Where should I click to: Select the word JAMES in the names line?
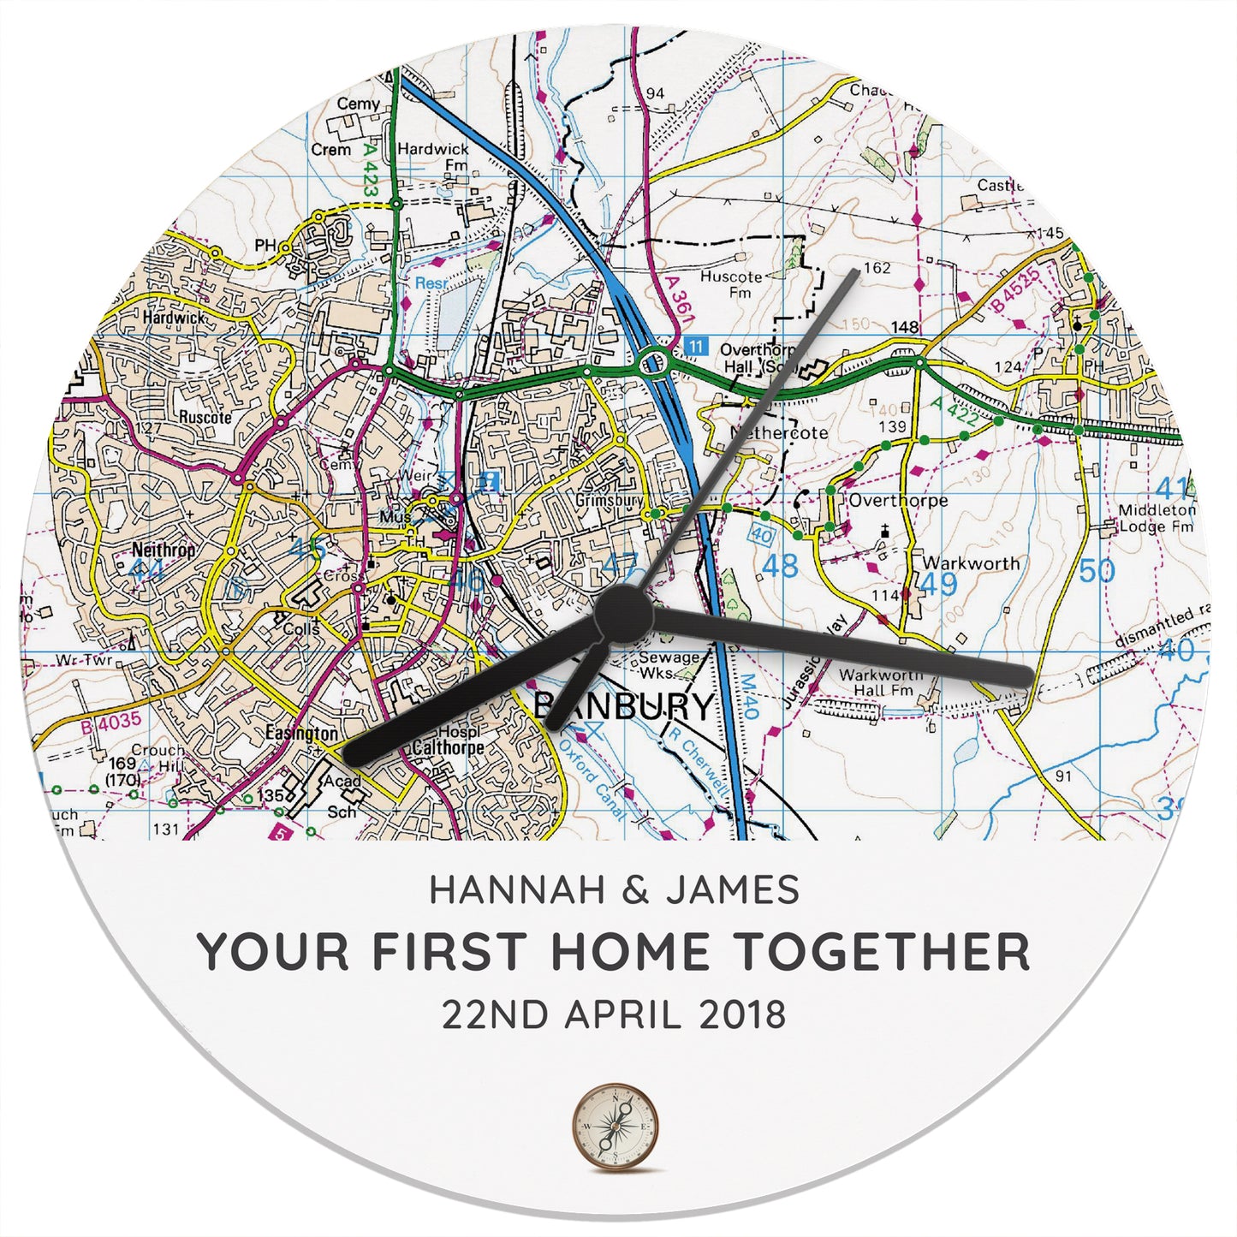(733, 890)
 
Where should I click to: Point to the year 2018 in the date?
(742, 1015)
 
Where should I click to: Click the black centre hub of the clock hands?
(623, 614)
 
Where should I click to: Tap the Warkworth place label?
(971, 563)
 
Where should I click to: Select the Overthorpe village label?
(898, 501)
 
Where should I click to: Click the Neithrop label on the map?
(164, 550)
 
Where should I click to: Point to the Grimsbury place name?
(610, 500)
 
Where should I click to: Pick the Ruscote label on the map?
(205, 418)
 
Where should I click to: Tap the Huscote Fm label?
(731, 284)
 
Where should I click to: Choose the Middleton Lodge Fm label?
(1157, 519)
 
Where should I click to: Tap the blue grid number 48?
(779, 566)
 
